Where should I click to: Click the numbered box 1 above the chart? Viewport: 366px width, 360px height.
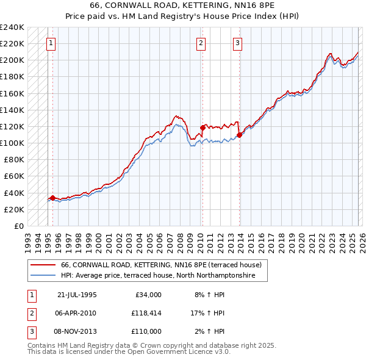[x=50, y=43]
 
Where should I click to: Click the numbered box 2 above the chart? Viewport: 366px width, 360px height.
[x=201, y=43]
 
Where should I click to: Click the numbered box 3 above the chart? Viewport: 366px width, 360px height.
[x=237, y=43]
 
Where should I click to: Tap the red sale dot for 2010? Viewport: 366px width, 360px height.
[x=202, y=128]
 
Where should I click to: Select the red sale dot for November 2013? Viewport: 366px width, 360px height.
[x=239, y=135]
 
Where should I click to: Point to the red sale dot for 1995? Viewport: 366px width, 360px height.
[x=52, y=198]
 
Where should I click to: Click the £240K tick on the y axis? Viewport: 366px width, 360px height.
[x=12, y=27]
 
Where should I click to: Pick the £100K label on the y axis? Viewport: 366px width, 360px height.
[x=12, y=143]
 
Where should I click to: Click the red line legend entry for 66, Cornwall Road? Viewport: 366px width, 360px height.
[x=161, y=265]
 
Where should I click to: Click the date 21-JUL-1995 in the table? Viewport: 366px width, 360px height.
[x=76, y=294]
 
